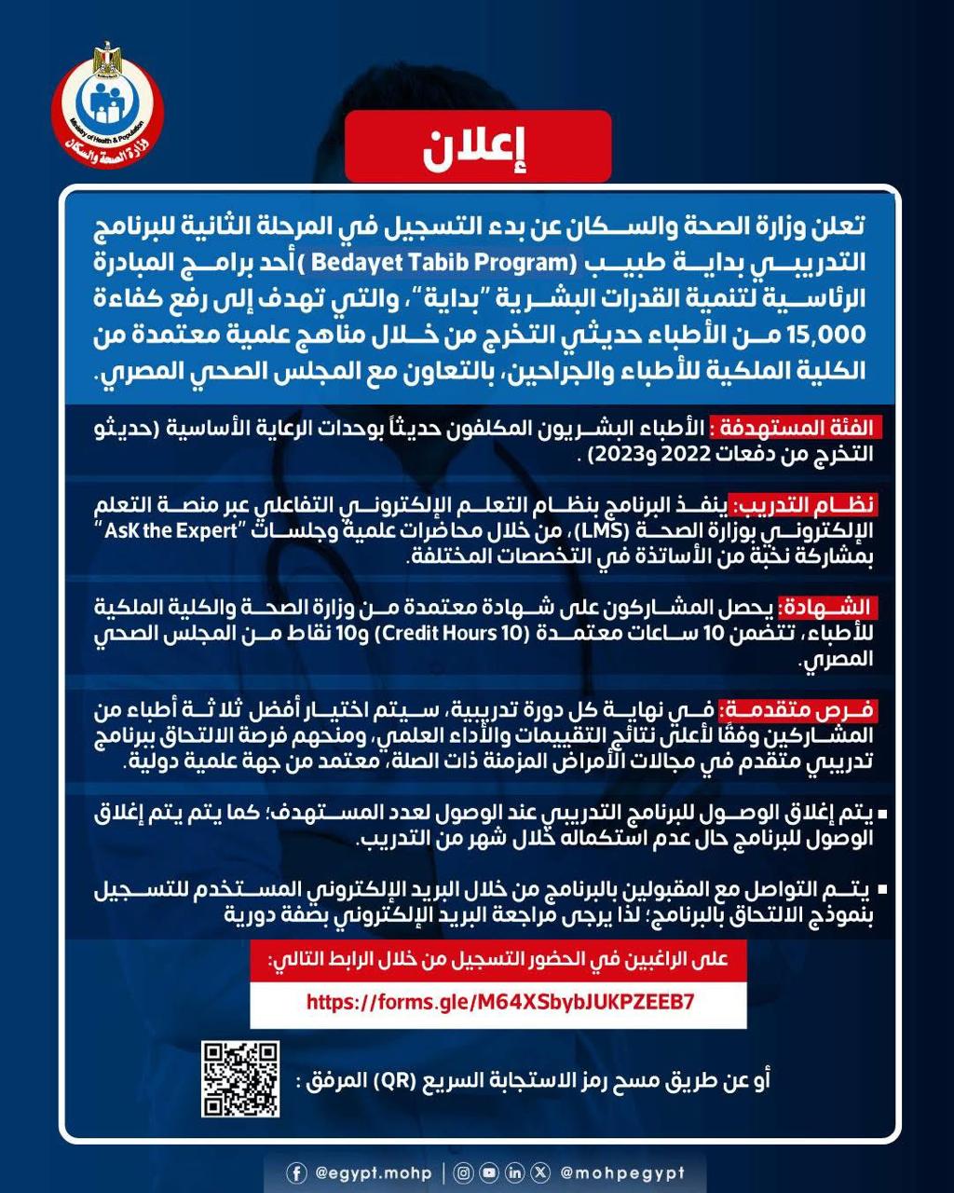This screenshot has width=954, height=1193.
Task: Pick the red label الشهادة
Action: (825, 609)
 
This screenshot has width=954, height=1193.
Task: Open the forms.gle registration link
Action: (499, 1003)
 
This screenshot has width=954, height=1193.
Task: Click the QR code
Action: (240, 1078)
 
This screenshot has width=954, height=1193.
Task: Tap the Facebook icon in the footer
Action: (296, 1172)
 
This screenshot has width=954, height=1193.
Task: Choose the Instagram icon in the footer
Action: (465, 1172)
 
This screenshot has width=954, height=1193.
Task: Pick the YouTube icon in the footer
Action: (490, 1172)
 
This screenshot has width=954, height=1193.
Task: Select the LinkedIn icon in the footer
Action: (515, 1172)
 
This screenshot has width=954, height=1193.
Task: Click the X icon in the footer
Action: (541, 1172)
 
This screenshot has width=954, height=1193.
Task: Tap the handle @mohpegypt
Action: (622, 1172)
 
